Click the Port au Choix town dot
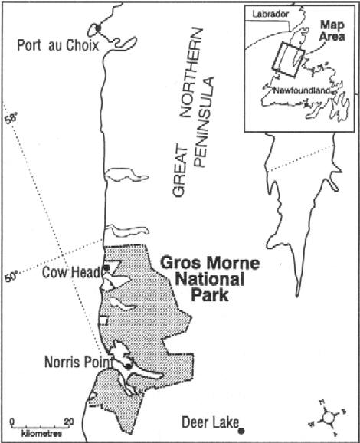[x=97, y=28]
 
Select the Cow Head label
[x=67, y=271]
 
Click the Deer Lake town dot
[x=241, y=431]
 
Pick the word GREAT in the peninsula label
[x=178, y=173]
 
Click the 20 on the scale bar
[x=68, y=421]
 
